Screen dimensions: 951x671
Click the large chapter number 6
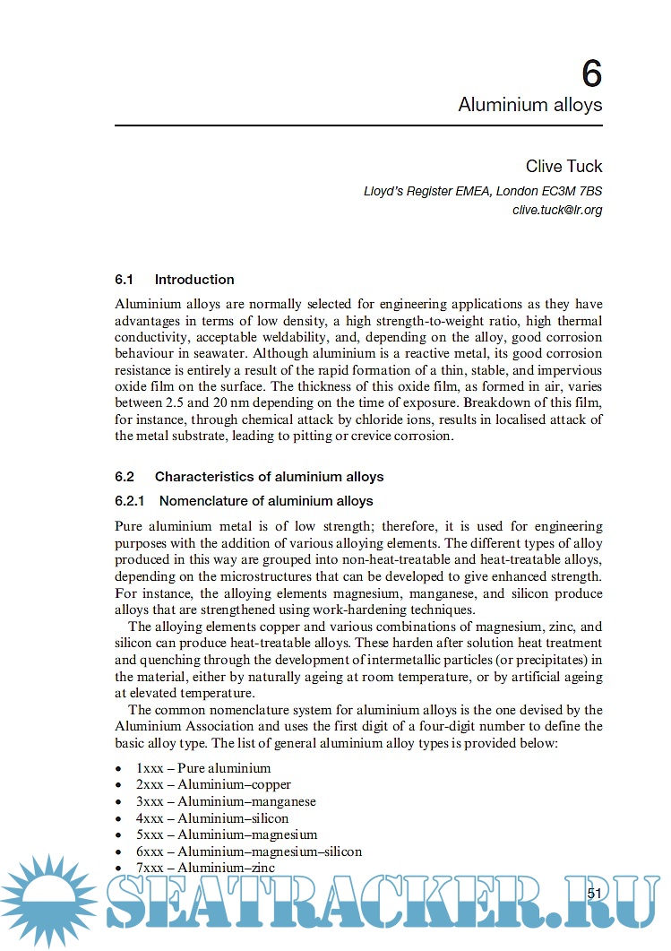[x=591, y=71]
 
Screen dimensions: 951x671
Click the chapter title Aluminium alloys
[x=529, y=105]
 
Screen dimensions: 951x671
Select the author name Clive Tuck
[x=563, y=167]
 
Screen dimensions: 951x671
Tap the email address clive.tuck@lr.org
[x=556, y=210]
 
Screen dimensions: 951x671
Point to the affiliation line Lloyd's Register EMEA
[x=483, y=191]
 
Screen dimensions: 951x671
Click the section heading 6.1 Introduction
[x=175, y=280]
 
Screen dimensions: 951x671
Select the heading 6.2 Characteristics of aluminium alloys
[x=249, y=477]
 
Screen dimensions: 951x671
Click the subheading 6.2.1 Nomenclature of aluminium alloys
[x=244, y=501]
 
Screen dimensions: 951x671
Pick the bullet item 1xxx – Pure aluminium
[x=203, y=768]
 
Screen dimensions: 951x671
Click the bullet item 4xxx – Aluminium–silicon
[x=212, y=818]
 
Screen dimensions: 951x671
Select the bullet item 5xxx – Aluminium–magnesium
[x=227, y=834]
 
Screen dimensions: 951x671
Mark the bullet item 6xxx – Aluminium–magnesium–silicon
[x=249, y=852]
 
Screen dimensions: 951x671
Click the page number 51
[x=595, y=893]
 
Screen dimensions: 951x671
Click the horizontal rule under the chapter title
[x=358, y=125]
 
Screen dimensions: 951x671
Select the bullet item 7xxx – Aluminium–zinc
[x=205, y=868]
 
